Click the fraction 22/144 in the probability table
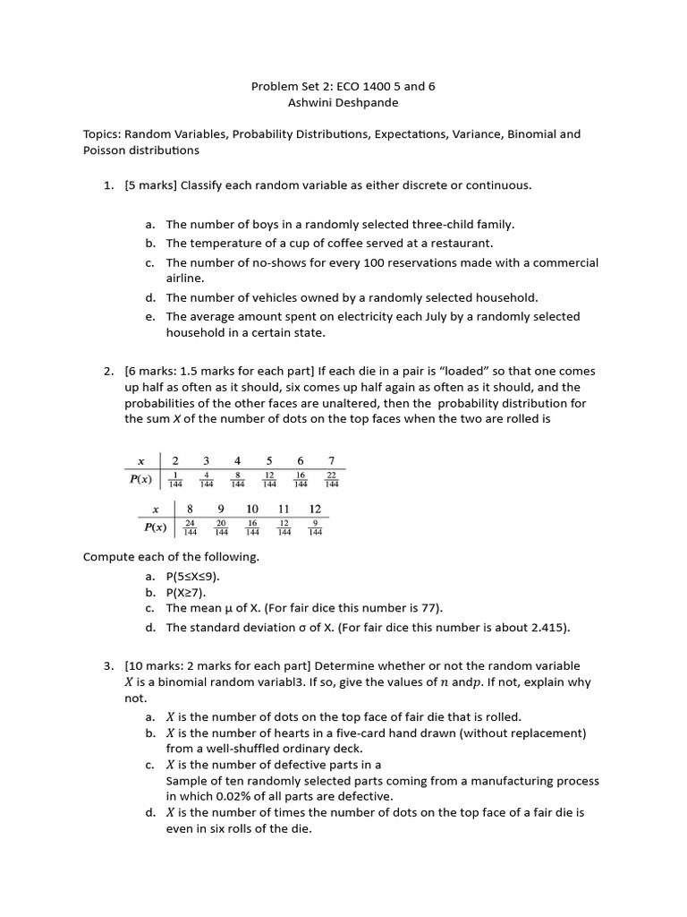click(331, 479)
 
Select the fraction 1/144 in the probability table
click(175, 479)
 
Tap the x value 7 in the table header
click(331, 461)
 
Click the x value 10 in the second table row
click(252, 510)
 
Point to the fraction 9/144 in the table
click(315, 527)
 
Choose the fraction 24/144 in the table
click(190, 527)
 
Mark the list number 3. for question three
click(108, 666)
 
